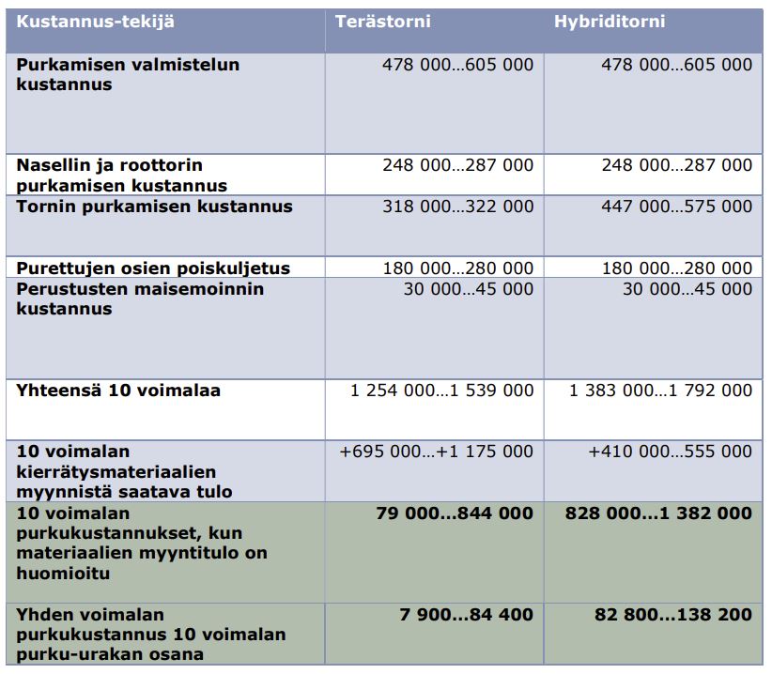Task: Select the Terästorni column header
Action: (382, 21)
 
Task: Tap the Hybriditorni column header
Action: (609, 21)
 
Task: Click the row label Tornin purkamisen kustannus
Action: (154, 207)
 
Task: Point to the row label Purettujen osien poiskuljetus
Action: (153, 268)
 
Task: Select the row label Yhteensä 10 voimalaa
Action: (118, 391)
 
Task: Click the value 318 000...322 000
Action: (457, 207)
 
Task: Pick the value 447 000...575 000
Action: (676, 207)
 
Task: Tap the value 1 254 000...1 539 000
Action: (441, 391)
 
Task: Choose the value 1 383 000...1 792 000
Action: (660, 391)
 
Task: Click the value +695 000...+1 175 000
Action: (436, 452)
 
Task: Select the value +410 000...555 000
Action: (670, 452)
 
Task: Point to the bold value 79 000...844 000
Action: (454, 513)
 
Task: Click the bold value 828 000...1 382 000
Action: (658, 513)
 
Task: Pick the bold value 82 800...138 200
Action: (672, 615)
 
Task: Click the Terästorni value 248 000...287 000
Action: (457, 165)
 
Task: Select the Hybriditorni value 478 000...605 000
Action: (676, 65)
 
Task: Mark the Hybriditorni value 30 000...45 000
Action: (687, 289)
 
